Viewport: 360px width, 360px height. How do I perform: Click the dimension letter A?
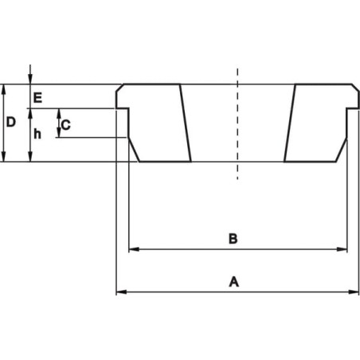233,282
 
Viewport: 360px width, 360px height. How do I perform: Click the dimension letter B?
233,239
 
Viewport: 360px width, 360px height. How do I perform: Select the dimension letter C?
66,125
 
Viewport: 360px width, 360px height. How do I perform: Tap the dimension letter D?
11,123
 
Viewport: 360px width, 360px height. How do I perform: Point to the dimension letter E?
37,98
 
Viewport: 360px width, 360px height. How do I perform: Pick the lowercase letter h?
37,134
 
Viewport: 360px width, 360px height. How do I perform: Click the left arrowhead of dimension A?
121,292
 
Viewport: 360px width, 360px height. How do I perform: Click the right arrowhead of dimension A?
354,292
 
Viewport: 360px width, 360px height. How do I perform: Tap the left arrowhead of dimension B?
134,249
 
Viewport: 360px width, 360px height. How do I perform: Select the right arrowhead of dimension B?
342,249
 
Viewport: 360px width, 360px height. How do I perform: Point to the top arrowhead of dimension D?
3,89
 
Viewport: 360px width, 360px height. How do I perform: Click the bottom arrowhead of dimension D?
3,156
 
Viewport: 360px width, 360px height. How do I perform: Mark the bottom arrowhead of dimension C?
59,132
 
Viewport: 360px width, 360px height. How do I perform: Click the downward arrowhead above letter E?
30,79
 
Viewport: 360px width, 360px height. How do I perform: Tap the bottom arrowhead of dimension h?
30,156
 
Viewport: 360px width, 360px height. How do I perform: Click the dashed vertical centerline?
237,124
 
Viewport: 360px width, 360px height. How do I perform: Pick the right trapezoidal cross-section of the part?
322,123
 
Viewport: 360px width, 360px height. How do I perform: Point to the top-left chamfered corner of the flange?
119,88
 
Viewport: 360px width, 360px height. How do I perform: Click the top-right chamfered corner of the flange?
356,88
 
